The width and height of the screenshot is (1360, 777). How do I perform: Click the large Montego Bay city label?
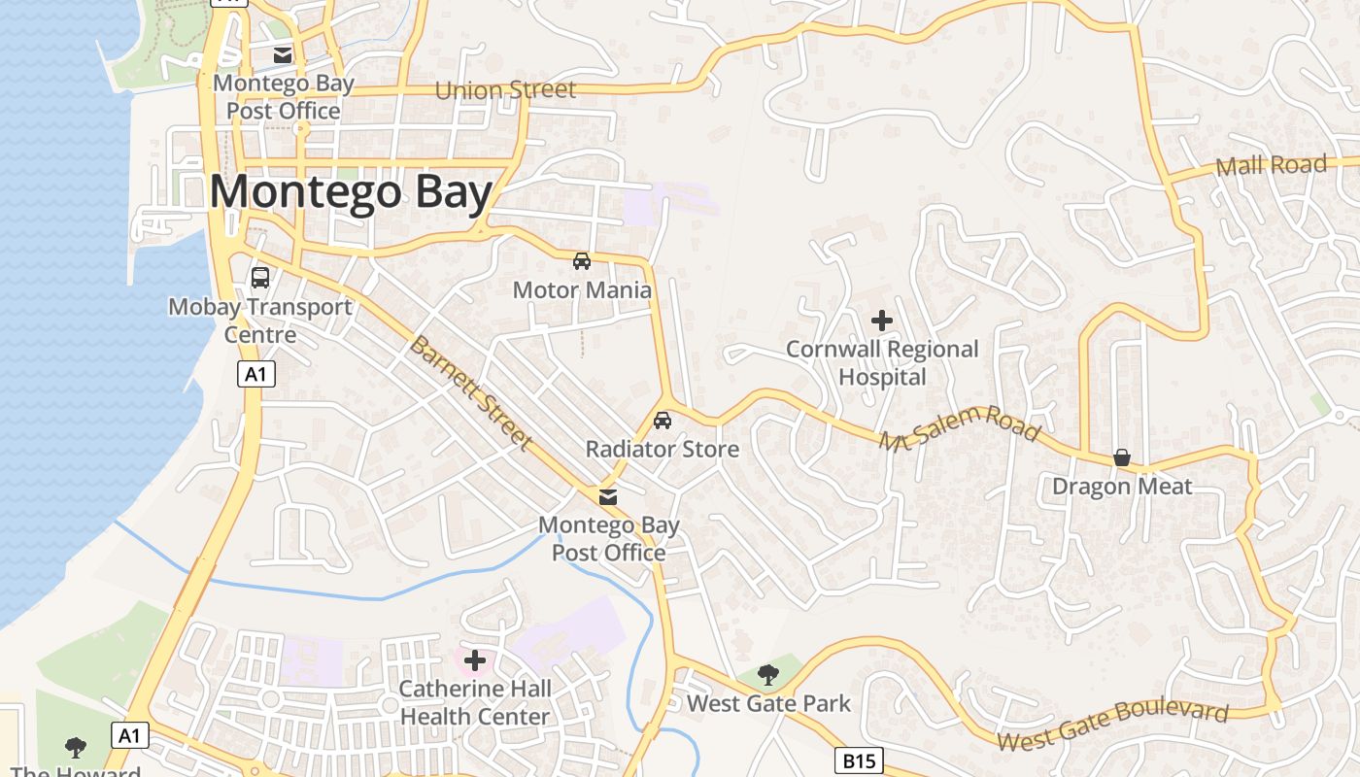tap(351, 192)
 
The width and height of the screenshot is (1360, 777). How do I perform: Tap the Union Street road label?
tap(505, 90)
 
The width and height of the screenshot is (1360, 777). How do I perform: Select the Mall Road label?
tap(1271, 166)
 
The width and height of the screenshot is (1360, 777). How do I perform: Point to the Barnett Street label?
tap(470, 393)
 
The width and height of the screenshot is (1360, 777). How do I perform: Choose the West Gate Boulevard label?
tap(1112, 726)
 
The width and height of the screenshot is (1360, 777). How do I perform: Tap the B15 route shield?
tap(859, 760)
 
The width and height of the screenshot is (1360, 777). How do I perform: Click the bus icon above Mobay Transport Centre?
tap(260, 278)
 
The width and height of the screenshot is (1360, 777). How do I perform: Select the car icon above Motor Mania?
tap(582, 260)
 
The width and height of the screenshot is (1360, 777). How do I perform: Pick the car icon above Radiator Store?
tap(663, 421)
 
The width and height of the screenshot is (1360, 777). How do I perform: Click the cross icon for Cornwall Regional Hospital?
tap(882, 321)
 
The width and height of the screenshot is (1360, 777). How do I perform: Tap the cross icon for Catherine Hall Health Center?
tap(475, 661)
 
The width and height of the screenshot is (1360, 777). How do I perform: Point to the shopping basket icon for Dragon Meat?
tap(1122, 457)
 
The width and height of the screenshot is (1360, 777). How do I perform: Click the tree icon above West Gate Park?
tap(768, 674)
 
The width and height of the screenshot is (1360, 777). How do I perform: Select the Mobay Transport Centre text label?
tap(260, 321)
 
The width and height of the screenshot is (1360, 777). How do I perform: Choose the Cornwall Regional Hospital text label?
tap(882, 362)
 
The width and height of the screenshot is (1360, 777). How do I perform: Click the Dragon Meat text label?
tap(1122, 487)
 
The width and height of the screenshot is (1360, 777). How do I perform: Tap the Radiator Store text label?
tap(663, 449)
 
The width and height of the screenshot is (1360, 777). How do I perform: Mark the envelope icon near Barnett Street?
tap(608, 497)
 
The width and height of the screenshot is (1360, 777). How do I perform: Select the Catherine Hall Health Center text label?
tap(475, 703)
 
